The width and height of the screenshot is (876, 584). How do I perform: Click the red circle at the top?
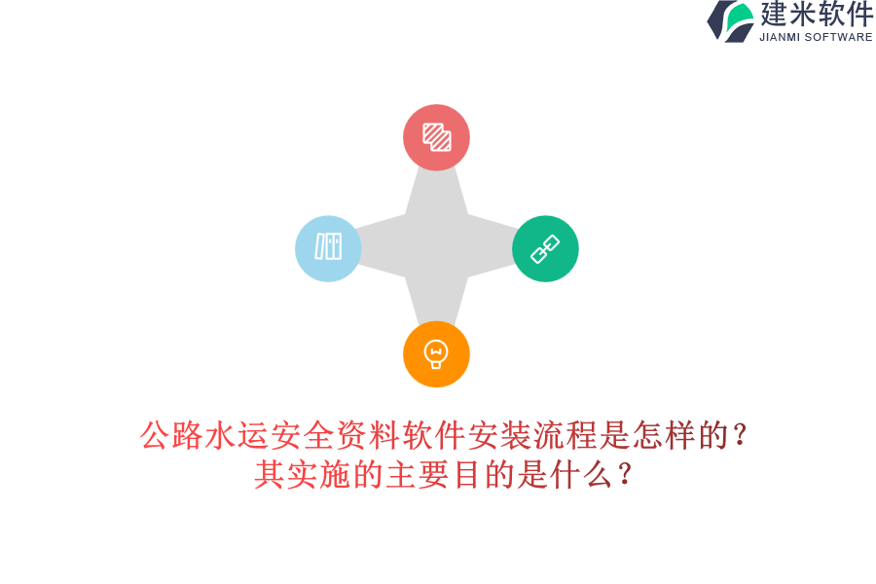[x=436, y=137]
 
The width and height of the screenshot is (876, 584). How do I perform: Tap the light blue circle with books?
[x=328, y=248]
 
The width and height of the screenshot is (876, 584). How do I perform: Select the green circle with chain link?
[x=545, y=248]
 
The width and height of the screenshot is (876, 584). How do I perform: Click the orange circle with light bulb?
[x=436, y=353]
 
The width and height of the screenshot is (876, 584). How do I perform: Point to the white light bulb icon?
[x=436, y=353]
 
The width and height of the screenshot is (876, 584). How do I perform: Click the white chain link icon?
[x=545, y=248]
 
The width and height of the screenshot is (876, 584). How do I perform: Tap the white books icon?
[x=328, y=246]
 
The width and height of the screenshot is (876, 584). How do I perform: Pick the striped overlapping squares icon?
[x=436, y=136]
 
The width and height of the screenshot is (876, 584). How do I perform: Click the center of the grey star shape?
[x=436, y=246]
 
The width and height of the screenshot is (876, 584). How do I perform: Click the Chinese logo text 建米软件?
[x=817, y=15]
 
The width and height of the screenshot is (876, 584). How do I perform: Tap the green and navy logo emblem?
[x=732, y=20]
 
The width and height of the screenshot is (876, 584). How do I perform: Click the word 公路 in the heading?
[x=172, y=435]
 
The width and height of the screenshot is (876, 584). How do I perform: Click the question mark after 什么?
[x=625, y=474]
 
